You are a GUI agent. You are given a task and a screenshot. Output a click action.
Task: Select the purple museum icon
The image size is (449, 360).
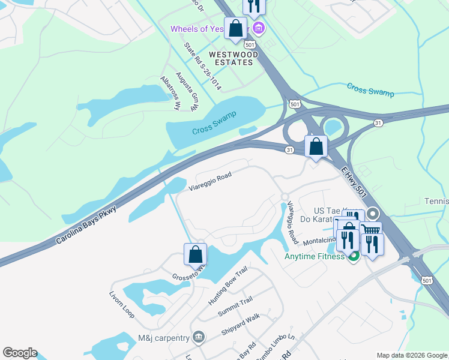point(259,28)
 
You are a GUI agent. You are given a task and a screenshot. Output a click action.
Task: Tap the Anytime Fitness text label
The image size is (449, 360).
point(314,257)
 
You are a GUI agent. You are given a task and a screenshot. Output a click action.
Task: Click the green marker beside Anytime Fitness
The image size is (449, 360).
point(353,257)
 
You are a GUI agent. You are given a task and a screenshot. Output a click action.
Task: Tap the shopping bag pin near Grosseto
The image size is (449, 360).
point(196,254)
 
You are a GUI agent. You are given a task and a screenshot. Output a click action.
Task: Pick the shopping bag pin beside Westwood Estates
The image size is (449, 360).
point(236,28)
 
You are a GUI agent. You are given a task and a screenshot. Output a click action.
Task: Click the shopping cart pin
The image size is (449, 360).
point(371,231)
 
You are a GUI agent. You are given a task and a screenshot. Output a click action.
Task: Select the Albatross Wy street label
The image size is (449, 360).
point(170,94)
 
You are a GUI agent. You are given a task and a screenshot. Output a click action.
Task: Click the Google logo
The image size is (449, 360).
point(20,353)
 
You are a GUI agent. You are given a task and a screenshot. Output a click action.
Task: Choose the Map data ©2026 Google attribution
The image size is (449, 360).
point(412,355)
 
